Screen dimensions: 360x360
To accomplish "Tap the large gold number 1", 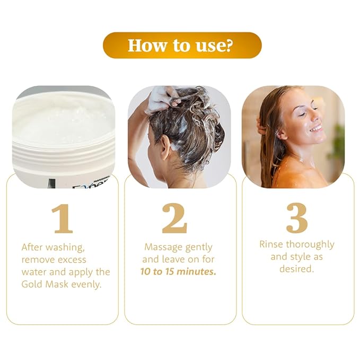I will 62,218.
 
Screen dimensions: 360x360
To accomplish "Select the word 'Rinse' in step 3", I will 271,244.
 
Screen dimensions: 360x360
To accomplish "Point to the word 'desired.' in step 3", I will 297,269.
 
